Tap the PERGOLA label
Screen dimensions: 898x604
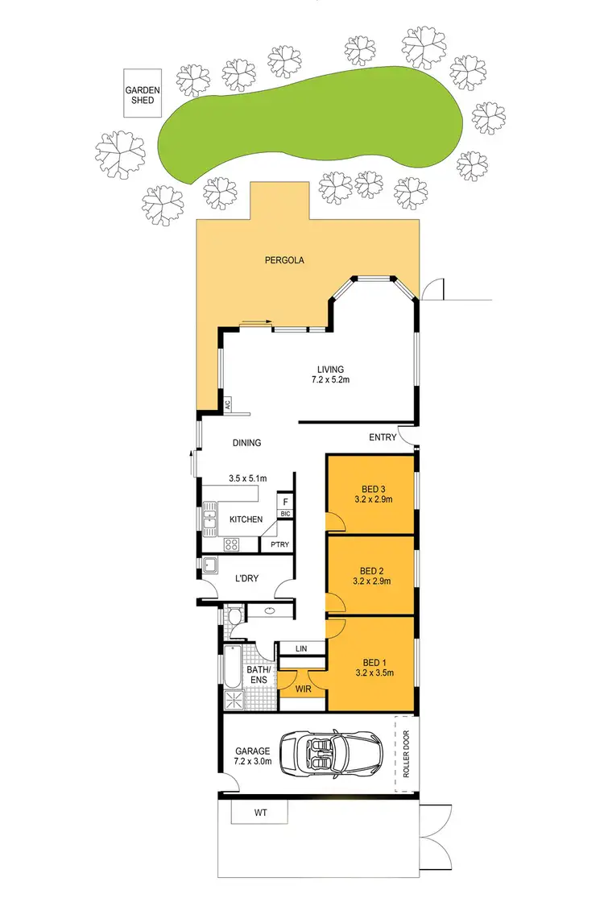[281, 260]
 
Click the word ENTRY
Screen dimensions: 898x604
[383, 437]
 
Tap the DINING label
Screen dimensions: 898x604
[247, 443]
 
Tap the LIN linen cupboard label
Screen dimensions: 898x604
[301, 648]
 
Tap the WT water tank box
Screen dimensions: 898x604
[259, 813]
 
